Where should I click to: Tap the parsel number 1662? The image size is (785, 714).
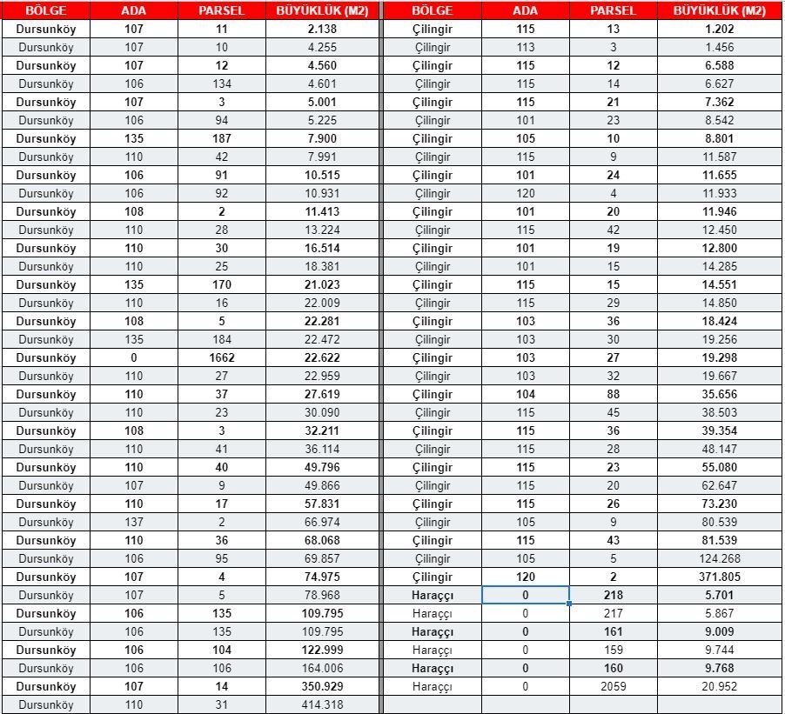[222, 357]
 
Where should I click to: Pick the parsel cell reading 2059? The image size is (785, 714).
[613, 686]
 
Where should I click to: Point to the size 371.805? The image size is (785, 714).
[720, 577]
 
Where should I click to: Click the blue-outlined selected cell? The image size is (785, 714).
[525, 595]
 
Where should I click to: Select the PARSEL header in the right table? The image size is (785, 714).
[613, 11]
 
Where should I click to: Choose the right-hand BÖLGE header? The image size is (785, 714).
[433, 11]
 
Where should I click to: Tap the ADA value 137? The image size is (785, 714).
[133, 522]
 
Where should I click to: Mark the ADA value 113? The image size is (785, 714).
[525, 47]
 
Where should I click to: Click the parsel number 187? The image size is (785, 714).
[222, 138]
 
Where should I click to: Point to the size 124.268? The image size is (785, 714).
[720, 558]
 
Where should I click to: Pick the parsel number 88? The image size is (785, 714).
[613, 394]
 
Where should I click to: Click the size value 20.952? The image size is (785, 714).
[720, 686]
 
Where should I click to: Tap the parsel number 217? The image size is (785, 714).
[613, 613]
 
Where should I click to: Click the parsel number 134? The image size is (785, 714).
[222, 83]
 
